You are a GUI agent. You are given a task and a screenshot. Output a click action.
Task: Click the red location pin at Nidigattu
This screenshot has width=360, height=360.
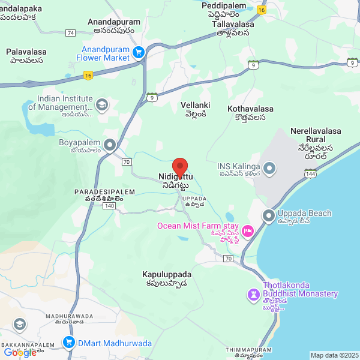[x=180, y=166]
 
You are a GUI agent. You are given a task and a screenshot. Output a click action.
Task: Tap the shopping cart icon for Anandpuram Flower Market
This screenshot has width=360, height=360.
[x=139, y=53]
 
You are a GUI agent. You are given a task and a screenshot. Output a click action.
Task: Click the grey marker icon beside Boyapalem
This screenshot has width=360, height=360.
[x=110, y=145]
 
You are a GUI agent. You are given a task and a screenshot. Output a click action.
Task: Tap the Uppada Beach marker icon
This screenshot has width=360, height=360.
[x=268, y=215]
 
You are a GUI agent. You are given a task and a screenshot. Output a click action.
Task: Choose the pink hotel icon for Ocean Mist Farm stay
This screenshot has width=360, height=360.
[x=248, y=231]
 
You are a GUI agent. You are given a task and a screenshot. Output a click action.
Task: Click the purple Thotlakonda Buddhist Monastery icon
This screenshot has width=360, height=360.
[x=254, y=294]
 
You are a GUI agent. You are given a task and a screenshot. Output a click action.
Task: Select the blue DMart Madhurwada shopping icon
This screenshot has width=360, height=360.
[x=69, y=343]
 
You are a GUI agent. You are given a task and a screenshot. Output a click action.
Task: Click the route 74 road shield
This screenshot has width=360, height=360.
[x=71, y=32]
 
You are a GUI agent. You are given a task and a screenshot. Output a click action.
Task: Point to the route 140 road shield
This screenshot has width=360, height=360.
[x=109, y=206]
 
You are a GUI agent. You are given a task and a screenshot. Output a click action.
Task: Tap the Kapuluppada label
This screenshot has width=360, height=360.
[x=165, y=278]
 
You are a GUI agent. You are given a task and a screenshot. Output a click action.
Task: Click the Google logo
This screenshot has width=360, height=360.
[x=20, y=352]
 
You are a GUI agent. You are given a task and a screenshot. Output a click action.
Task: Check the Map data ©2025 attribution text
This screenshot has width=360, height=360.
[x=334, y=355]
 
